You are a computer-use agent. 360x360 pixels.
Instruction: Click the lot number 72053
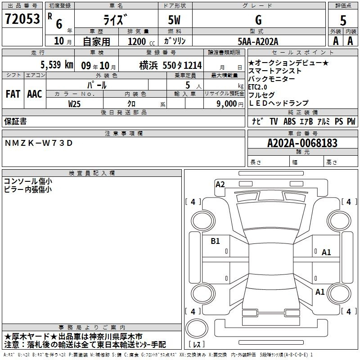pyautogui.click(x=22, y=18)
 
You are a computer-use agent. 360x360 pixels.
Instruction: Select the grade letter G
pyautogui.click(x=258, y=20)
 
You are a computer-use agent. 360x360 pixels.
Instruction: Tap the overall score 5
pyautogui.click(x=343, y=21)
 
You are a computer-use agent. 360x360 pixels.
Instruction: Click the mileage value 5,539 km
pyautogui.click(x=57, y=65)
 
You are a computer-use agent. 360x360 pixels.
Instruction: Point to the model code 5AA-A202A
pyautogui.click(x=258, y=41)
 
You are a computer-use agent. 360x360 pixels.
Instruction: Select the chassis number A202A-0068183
pyautogui.click(x=302, y=143)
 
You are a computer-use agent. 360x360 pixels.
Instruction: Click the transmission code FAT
pyautogui.click(x=13, y=94)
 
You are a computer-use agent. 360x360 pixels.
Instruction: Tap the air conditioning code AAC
pyautogui.click(x=35, y=94)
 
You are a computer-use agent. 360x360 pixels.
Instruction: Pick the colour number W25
pyautogui.click(x=74, y=104)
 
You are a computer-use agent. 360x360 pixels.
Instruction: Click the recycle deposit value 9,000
pyautogui.click(x=226, y=104)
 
